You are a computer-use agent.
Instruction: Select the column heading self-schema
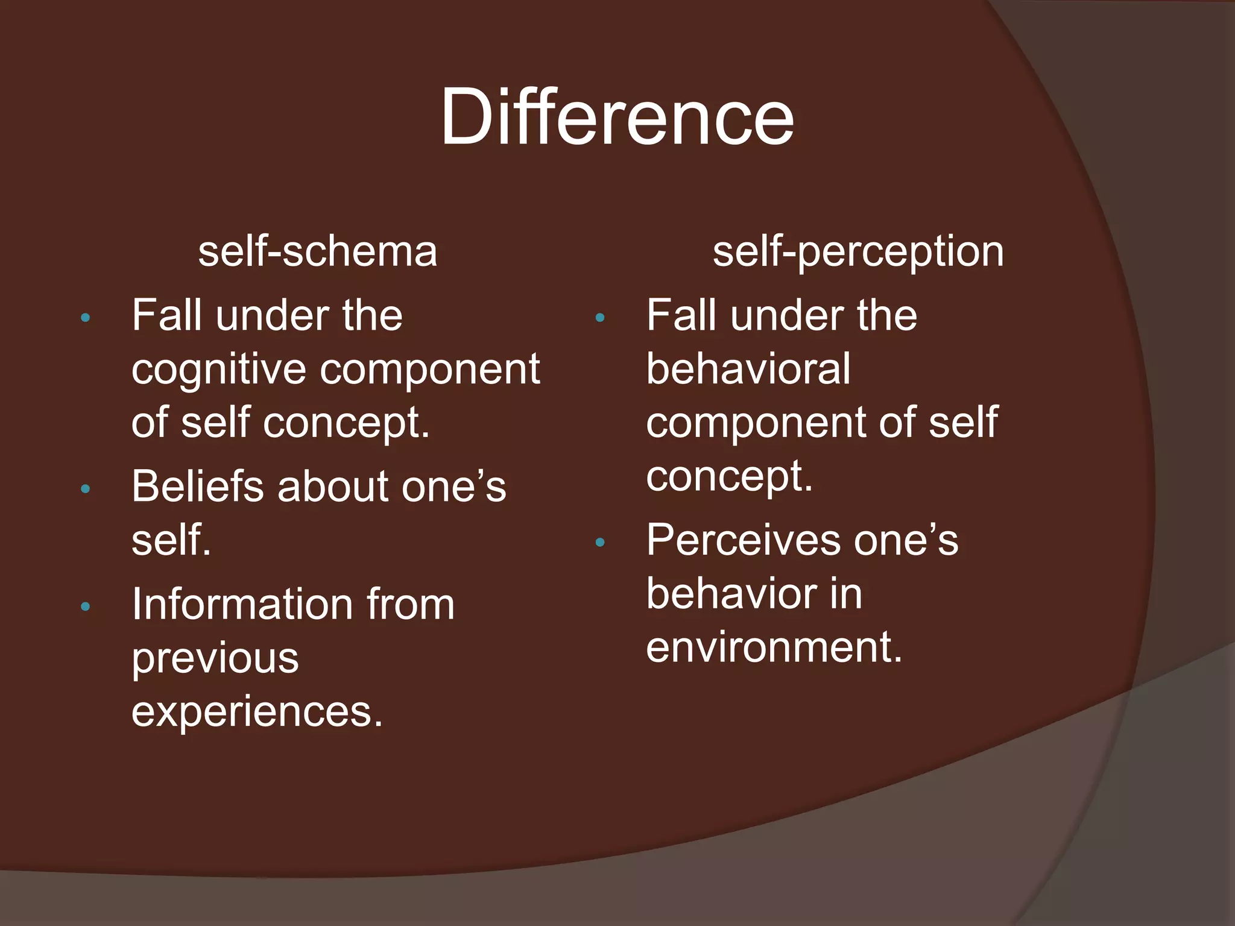pos(317,251)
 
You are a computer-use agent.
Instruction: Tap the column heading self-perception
pos(858,251)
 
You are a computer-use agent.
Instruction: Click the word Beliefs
pos(198,487)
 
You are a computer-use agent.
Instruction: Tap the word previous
pos(215,658)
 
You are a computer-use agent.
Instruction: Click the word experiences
pos(257,711)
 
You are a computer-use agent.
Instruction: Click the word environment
pos(774,647)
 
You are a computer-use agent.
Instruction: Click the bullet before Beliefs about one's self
pos(86,489)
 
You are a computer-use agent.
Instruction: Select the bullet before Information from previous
pos(86,606)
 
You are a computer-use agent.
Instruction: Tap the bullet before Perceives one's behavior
pos(600,543)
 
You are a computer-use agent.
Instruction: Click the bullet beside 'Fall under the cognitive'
pos(86,318)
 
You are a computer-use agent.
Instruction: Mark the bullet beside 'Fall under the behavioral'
pos(600,318)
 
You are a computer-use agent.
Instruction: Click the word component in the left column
pos(430,370)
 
